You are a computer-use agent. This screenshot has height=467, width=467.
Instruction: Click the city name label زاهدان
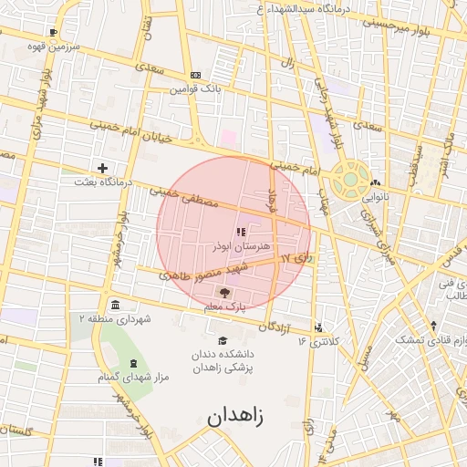[234, 417]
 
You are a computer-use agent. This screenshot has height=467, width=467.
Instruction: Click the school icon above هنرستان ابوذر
[241, 233]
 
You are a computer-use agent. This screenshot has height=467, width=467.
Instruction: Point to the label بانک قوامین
[195, 89]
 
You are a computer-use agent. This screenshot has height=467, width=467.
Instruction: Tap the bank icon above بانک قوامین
[195, 76]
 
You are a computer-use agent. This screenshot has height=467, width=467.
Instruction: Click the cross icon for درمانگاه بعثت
[103, 168]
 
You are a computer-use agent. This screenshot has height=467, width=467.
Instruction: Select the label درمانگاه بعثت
[103, 182]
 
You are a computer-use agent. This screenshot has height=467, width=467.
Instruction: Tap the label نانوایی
[374, 196]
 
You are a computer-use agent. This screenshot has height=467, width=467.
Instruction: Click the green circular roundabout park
[349, 180]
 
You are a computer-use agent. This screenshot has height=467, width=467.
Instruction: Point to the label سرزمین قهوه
[54, 45]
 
